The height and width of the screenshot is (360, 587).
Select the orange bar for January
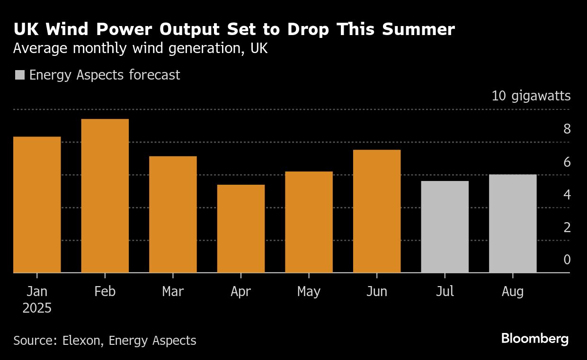37,205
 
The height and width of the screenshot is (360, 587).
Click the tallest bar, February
105,196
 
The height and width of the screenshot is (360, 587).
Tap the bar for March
173,215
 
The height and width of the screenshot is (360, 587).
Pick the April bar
241,229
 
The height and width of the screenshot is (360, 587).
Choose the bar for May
309,222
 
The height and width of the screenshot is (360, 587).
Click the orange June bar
377,211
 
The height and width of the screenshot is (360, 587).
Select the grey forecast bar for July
445,227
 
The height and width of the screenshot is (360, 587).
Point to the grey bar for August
513,224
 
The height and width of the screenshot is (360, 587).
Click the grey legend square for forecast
20,75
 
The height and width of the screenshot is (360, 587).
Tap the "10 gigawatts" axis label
531,96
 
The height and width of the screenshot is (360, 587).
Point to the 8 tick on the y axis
567,129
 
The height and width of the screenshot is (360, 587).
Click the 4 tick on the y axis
567,195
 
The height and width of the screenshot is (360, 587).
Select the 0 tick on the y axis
567,260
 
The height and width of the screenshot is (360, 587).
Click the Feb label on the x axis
105,291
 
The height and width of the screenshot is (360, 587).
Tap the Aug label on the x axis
513,291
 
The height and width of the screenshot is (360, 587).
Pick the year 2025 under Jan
37,308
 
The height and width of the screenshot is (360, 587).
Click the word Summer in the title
418,29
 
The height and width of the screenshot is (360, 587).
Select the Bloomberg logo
534,339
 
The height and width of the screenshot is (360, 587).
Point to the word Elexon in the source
83,340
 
